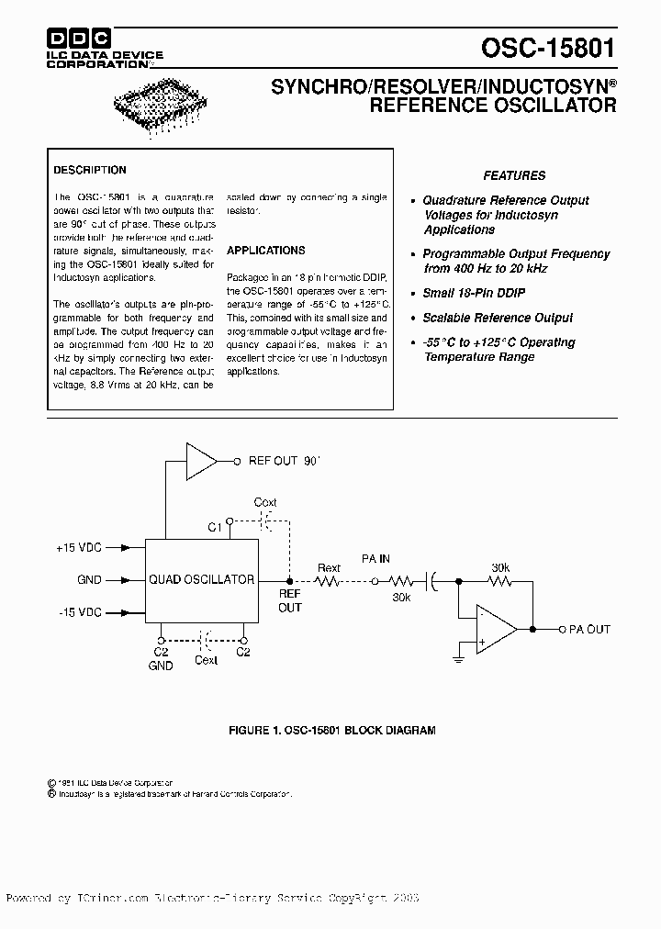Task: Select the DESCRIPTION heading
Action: coord(90,170)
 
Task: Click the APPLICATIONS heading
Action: coord(266,250)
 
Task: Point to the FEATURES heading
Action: coord(514,175)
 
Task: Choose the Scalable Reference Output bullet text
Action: coord(498,318)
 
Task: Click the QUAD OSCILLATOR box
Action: coord(202,579)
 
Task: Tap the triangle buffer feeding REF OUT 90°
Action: coord(200,461)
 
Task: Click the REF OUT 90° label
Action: coord(286,461)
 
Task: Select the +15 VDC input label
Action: coord(79,548)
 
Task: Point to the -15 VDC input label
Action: coord(79,612)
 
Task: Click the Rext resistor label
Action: coord(329,568)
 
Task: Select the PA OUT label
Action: coord(589,630)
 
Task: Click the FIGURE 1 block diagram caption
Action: coord(331,731)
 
